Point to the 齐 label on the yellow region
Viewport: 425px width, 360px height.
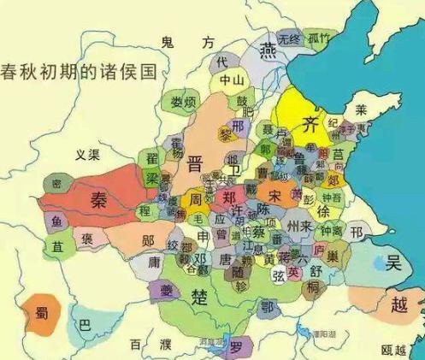[x=311, y=126]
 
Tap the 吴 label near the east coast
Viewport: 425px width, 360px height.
[x=394, y=263]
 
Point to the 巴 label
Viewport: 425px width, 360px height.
[x=83, y=326]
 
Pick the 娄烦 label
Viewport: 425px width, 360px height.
[x=181, y=103]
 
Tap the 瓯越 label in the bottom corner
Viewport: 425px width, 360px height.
[x=394, y=348]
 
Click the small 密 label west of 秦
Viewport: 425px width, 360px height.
[x=56, y=183]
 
